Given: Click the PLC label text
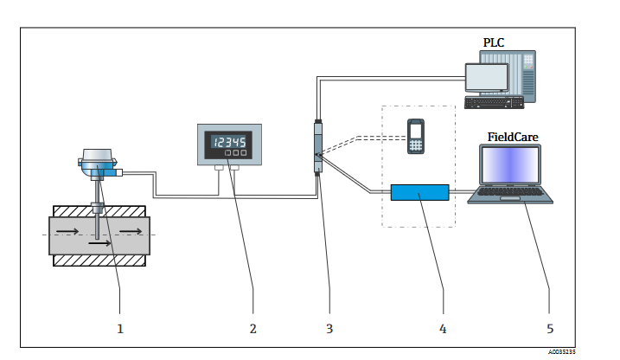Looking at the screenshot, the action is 494,42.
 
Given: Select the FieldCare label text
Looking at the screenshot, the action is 513,138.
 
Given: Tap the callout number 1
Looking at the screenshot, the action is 120,329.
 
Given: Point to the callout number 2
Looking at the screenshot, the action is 253,329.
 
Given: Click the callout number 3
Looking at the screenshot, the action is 329,329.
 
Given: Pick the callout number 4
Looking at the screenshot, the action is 443,329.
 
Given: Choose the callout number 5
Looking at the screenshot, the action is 550,329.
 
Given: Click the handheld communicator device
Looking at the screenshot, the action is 416,137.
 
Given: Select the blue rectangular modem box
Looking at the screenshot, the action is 420,193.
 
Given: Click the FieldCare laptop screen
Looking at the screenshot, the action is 510,164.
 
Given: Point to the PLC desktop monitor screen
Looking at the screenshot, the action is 486,77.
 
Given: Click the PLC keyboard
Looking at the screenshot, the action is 495,102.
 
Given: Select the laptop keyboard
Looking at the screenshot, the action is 509,192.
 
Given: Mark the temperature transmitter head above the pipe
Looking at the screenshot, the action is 98,163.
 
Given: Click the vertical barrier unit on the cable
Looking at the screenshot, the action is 318,147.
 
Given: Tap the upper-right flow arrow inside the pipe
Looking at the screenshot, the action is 131,231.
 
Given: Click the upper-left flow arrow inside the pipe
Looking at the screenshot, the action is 67,231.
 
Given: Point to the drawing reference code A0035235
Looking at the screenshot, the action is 562,352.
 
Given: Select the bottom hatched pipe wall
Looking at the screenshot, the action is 99,260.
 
